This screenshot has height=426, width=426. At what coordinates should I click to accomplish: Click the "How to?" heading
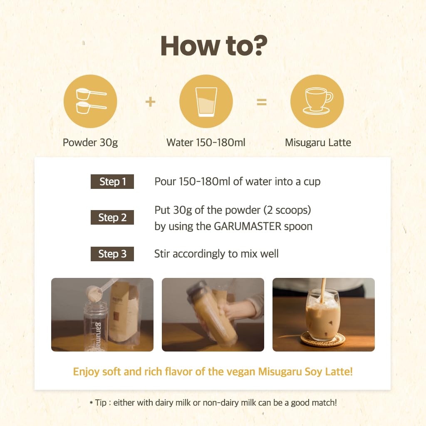point(214,46)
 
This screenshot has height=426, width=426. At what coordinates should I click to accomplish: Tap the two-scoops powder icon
point(90,102)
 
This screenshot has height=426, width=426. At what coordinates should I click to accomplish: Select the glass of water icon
point(206,102)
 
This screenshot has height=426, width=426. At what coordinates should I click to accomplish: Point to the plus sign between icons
point(150,102)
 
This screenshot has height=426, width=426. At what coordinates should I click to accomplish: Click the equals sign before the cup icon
point(262,102)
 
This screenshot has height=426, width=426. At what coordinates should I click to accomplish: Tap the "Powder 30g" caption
point(90,143)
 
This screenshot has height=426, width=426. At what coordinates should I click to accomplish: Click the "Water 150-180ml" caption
point(206,142)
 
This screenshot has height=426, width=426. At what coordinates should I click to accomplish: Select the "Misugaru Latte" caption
point(318,142)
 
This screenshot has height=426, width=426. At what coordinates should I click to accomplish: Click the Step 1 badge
point(112,181)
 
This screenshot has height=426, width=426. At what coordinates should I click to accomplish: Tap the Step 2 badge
point(112,217)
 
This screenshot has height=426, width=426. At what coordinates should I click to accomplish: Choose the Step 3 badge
point(112,254)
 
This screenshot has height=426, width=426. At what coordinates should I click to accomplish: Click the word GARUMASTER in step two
point(248,226)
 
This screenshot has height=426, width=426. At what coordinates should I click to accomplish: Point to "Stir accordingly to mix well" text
point(216,254)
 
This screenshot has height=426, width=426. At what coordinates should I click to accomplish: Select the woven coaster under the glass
point(323,339)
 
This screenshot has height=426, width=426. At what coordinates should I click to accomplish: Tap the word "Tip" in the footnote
point(101,403)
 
